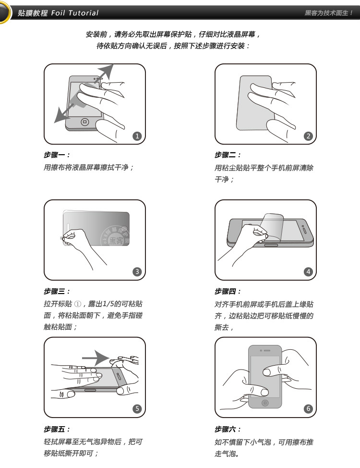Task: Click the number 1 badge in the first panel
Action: click(x=137, y=136)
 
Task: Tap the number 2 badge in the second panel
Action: click(x=309, y=136)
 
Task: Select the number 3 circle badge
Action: click(x=137, y=271)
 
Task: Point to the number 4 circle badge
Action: click(x=309, y=271)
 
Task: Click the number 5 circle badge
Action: click(x=137, y=408)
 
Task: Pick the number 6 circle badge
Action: click(x=309, y=408)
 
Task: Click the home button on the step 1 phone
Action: click(x=85, y=122)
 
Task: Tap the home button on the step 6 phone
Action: click(x=265, y=403)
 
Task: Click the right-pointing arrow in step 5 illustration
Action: click(x=96, y=358)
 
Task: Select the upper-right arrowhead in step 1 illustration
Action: click(x=106, y=71)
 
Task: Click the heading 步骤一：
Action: click(x=57, y=155)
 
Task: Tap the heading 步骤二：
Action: click(x=228, y=155)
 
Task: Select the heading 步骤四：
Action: click(x=228, y=291)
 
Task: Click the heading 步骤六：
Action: click(x=228, y=429)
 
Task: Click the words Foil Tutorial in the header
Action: click(x=74, y=13)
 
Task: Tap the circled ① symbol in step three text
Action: click(x=78, y=304)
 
